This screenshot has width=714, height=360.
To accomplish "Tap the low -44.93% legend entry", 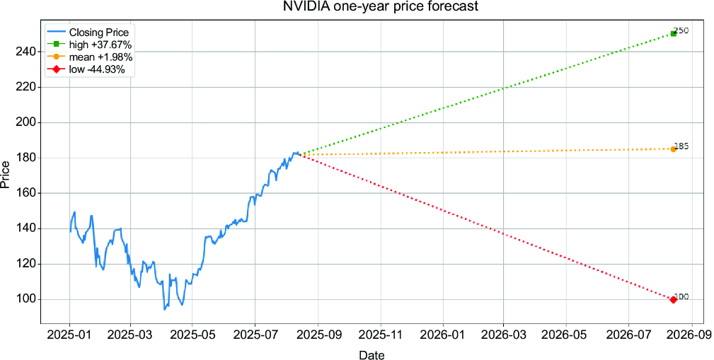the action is [x=86, y=69].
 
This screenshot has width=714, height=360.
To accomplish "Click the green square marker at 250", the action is [x=674, y=34].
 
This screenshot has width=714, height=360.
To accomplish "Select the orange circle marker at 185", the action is [x=674, y=149].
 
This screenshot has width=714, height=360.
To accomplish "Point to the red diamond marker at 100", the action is [x=674, y=299].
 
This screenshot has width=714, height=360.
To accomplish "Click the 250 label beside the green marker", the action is [x=681, y=30].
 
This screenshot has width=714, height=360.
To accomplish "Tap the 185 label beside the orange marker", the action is [x=681, y=146].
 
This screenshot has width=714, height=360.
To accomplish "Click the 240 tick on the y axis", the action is [x=28, y=52].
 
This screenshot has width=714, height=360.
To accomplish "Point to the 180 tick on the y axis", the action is [x=28, y=158].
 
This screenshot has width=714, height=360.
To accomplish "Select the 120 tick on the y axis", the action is [x=28, y=264].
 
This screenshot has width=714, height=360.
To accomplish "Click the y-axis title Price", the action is [x=6, y=176].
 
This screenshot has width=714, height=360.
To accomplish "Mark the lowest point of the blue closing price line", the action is [x=164, y=310].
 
